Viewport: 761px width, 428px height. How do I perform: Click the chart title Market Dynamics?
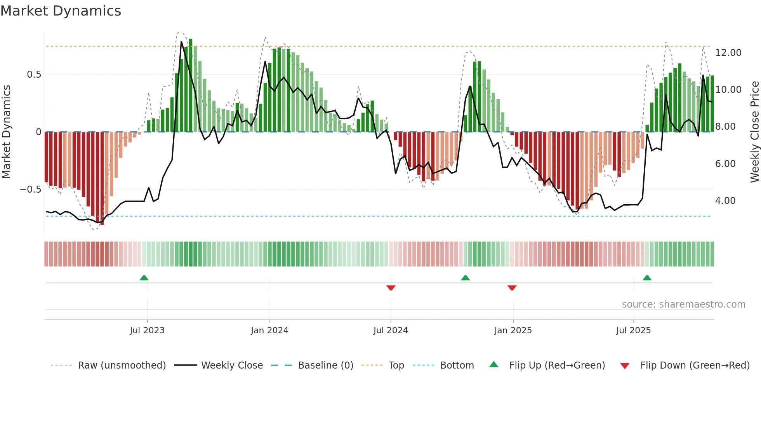(x=61, y=11)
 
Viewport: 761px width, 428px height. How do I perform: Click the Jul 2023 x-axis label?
(x=147, y=331)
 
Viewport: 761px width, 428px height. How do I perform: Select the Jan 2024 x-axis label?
(x=269, y=331)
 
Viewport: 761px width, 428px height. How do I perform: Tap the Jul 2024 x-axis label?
(x=391, y=331)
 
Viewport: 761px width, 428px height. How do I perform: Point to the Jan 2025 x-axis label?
(x=513, y=331)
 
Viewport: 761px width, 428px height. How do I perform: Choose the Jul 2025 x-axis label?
(x=633, y=331)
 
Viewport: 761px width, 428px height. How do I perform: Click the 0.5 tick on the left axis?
(x=34, y=75)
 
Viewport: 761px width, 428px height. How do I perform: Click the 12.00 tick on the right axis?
(x=728, y=53)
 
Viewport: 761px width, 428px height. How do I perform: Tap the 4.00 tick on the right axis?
(x=725, y=201)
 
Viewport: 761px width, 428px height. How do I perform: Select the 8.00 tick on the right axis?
(x=725, y=127)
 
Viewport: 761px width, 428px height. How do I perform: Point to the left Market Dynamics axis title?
(x=6, y=132)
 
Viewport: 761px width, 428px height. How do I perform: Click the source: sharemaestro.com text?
(x=683, y=304)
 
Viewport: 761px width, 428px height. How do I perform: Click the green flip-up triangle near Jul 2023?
(x=144, y=278)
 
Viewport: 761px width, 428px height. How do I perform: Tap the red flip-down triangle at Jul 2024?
(x=391, y=288)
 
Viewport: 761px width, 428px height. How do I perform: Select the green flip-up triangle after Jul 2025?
(x=647, y=278)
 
